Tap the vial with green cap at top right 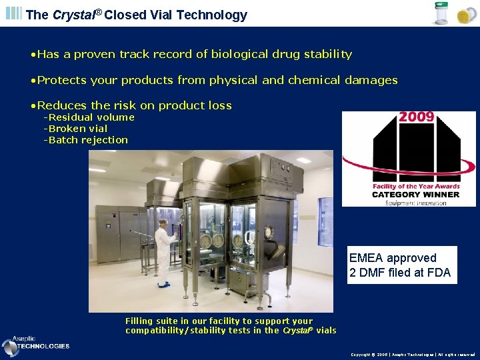point(441,14)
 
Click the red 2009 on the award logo point(417,117)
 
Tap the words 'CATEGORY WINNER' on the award point(415,195)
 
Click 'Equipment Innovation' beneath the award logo point(415,203)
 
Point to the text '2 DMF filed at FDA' point(400,272)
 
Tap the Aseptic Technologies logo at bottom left point(36,344)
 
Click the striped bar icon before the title point(13,14)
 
